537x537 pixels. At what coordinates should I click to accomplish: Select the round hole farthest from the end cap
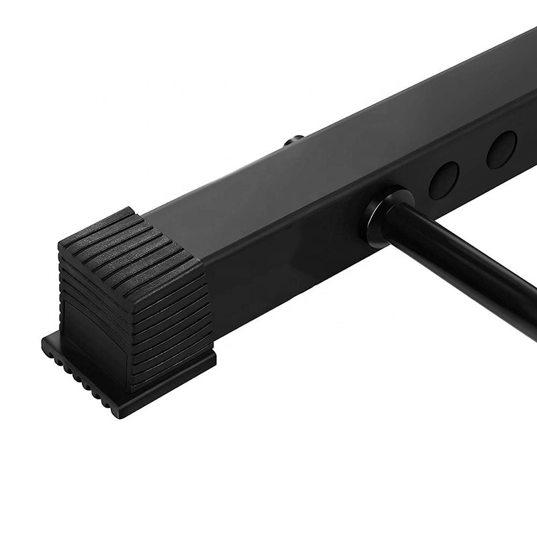click(x=501, y=149)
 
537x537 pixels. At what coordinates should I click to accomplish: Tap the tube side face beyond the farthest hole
click(x=527, y=131)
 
